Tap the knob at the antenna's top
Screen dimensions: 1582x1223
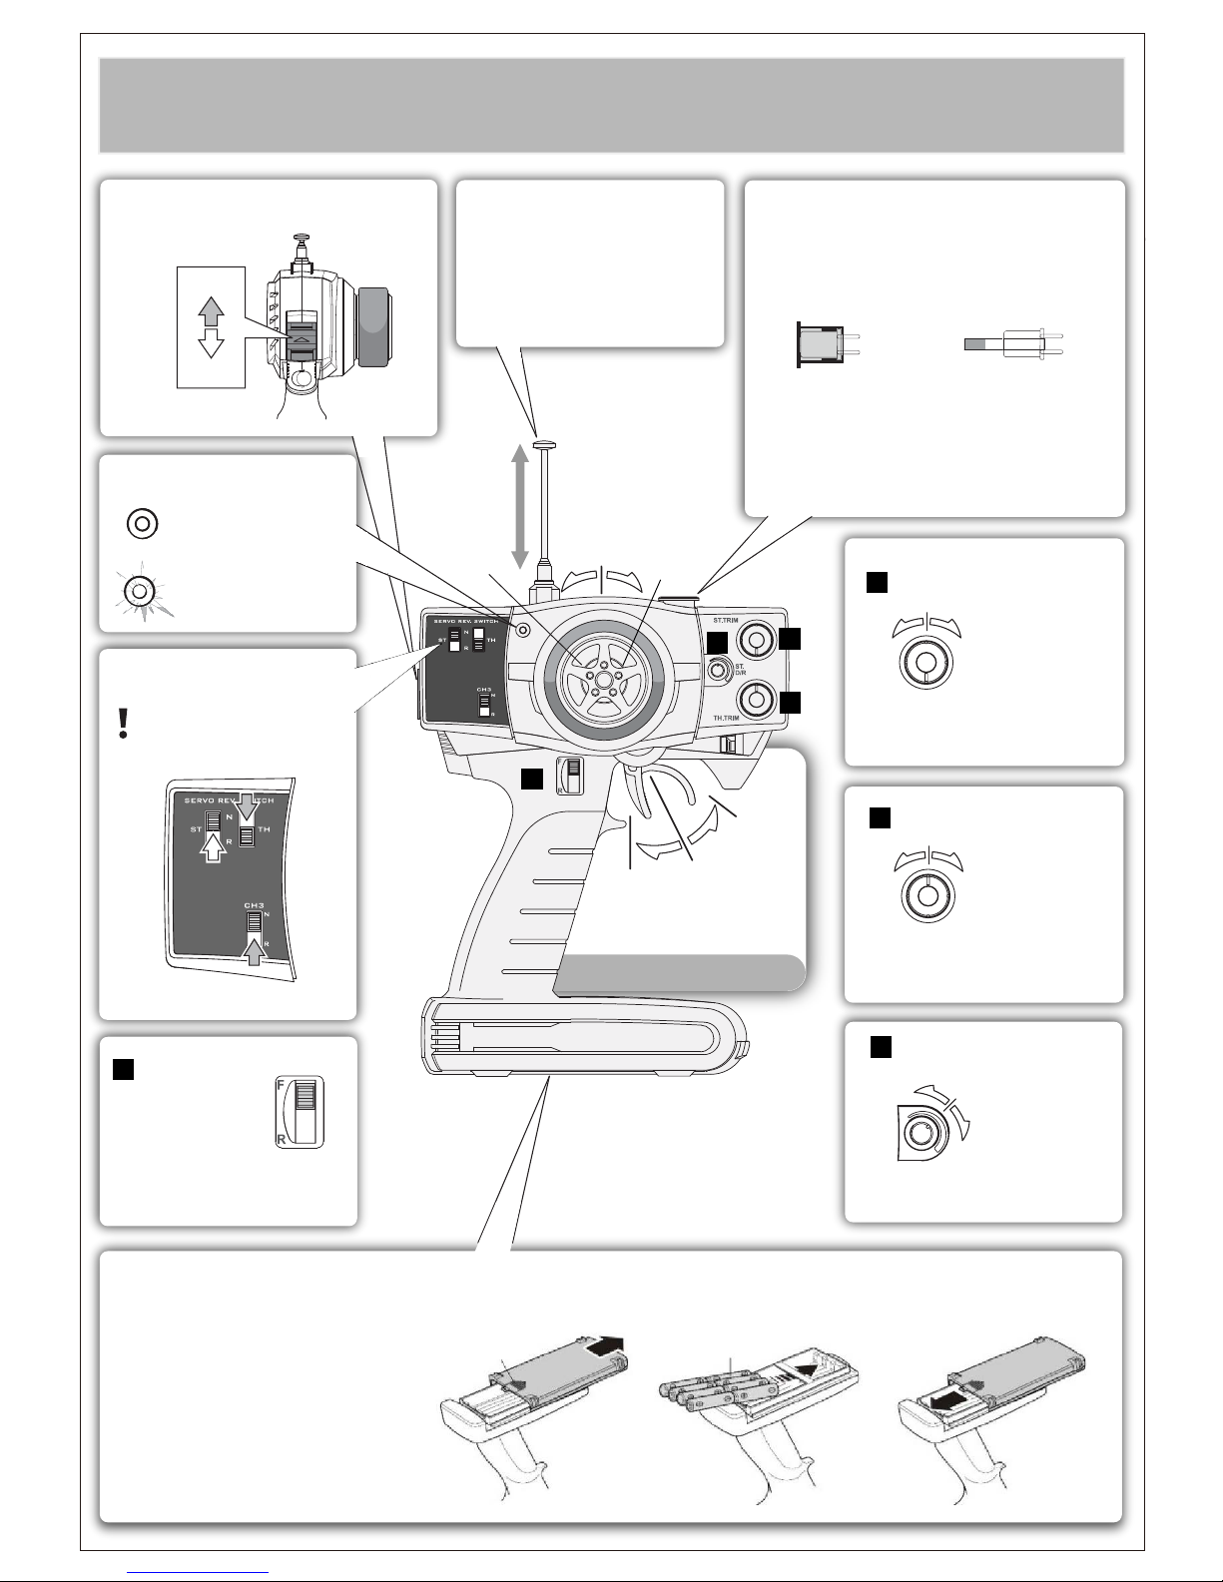[545, 445]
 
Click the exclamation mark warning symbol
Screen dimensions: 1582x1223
[123, 723]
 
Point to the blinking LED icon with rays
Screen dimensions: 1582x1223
[141, 591]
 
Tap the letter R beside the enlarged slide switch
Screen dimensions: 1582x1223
[282, 1137]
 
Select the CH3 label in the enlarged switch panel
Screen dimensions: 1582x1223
[254, 905]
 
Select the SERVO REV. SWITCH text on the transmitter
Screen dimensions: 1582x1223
[465, 621]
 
